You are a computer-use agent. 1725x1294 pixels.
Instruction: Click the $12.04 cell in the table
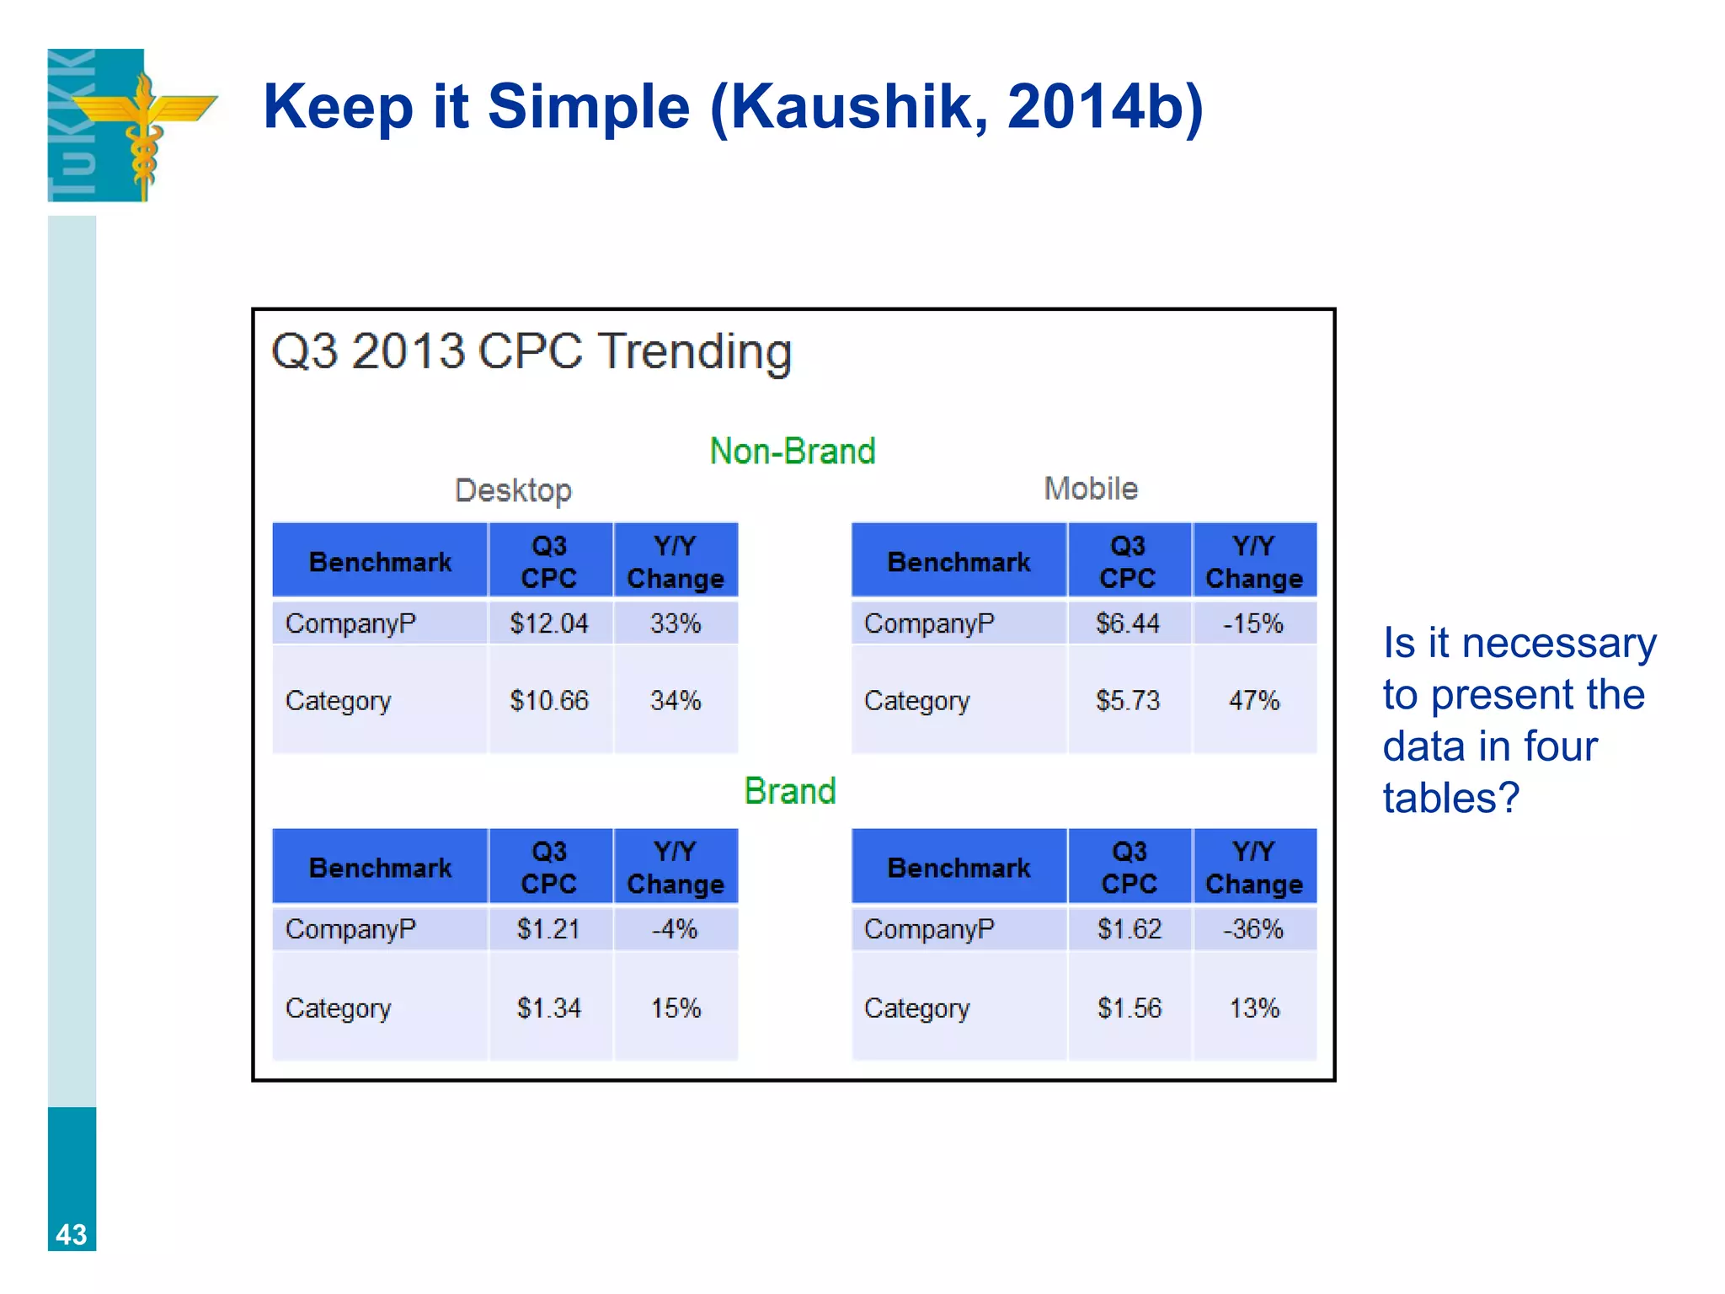pos(548,623)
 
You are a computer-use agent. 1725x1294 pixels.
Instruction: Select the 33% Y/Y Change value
pos(676,623)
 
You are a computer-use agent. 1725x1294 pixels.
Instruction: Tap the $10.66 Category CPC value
pos(548,700)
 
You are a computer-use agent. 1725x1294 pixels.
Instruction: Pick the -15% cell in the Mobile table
pos(1253,623)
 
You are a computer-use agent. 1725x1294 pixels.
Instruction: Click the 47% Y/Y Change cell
pos(1253,700)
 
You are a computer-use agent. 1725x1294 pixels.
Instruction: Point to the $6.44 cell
pos(1128,623)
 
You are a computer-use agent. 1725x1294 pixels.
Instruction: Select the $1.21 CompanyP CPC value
pos(548,929)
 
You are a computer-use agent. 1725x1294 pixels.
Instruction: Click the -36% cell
pos(1253,929)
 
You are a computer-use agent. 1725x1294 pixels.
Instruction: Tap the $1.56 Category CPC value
pos(1129,1008)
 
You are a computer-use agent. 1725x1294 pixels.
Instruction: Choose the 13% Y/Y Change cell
pos(1253,1008)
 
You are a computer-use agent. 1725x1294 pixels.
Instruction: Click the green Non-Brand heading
pos(792,452)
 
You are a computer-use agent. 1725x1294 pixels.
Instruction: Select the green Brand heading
pos(789,791)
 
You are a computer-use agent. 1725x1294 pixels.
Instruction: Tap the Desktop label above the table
pos(513,490)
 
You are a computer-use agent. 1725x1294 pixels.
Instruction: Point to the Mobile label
pos(1091,489)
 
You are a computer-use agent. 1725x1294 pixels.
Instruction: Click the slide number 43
pos(72,1234)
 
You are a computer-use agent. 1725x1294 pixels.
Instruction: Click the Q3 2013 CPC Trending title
pos(531,351)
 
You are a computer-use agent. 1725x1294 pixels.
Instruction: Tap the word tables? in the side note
pos(1450,798)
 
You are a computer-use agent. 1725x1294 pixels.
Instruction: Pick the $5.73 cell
pos(1128,700)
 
